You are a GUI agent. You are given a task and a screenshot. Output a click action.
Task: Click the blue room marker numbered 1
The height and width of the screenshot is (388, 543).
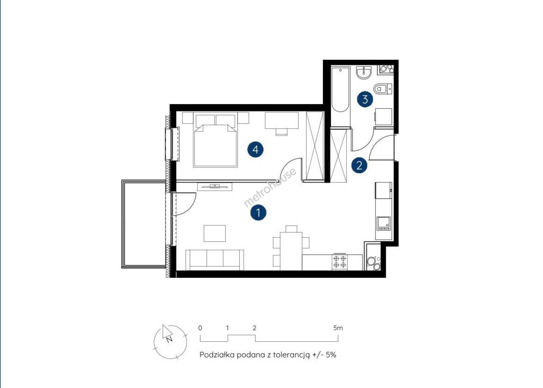tap(258, 212)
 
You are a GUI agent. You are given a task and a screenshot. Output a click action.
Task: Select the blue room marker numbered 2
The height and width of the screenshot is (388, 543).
tap(359, 165)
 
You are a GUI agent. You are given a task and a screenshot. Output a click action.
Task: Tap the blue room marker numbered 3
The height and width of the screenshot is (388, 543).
tap(365, 99)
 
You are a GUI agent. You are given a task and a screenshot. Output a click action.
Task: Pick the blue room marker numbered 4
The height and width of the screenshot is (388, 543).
tap(255, 149)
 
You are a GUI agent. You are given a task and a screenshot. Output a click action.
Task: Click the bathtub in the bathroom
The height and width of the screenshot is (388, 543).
tap(340, 89)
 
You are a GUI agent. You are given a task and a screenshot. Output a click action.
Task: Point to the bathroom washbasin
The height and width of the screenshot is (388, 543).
tap(364, 73)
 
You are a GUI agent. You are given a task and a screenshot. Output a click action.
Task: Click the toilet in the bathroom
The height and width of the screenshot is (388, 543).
tap(383, 89)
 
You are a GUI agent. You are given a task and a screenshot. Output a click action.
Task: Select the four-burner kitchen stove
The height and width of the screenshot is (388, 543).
tap(339, 262)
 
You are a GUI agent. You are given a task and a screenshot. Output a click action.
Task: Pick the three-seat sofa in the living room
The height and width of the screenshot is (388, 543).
tap(215, 260)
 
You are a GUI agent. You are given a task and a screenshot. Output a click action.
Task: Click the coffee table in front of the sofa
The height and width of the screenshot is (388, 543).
tap(215, 233)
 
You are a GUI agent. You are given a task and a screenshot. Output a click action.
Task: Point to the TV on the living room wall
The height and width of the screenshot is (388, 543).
tap(215, 186)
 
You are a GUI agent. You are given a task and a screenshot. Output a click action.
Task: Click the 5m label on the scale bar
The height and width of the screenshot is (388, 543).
tap(338, 328)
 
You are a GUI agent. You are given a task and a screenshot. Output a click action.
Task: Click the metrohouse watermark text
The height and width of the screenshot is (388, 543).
tap(270, 187)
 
